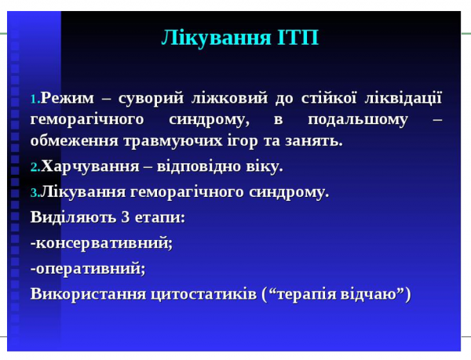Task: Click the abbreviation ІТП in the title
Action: click(x=298, y=37)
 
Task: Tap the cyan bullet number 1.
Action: click(x=35, y=100)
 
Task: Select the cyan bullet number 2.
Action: click(x=35, y=168)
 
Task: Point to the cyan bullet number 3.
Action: click(x=35, y=193)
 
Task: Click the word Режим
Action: click(x=68, y=98)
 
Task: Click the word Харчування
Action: click(x=86, y=166)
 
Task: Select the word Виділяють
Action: click(x=68, y=217)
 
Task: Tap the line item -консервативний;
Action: click(x=101, y=242)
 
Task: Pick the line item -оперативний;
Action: click(x=88, y=268)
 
